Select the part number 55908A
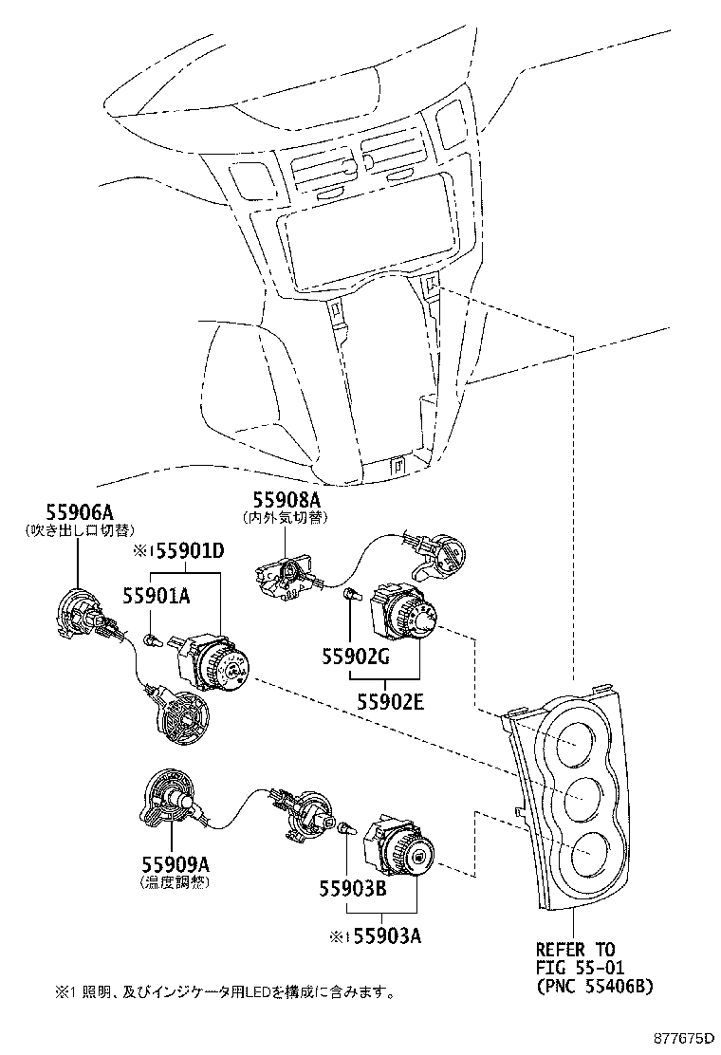coord(286,499)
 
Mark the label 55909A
coord(175,865)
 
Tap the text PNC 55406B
coord(594,986)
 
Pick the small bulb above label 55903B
coord(345,828)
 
